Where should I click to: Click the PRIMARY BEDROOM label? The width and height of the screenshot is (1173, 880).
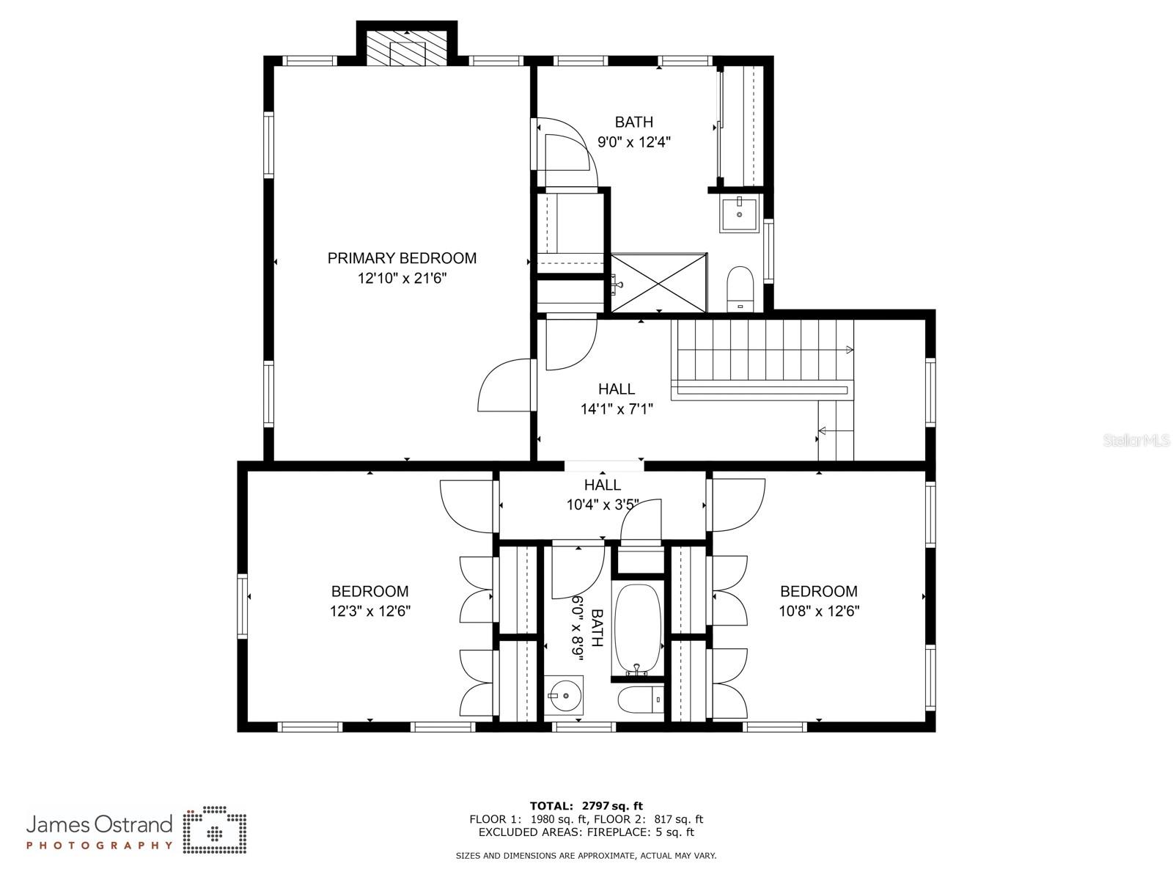point(401,259)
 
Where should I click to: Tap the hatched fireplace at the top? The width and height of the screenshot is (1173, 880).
point(407,48)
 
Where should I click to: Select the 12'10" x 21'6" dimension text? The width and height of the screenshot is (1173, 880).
point(402,279)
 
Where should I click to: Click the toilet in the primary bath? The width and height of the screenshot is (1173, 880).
point(740,288)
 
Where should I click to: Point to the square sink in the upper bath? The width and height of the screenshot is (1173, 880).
point(739,213)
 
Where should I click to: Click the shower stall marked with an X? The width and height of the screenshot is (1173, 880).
point(658,283)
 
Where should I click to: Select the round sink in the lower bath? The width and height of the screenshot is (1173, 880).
point(565,695)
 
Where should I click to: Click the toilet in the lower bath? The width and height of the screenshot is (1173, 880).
point(641,699)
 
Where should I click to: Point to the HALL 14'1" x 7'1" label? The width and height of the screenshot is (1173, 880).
point(617,399)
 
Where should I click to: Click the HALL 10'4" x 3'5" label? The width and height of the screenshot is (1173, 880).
point(603,494)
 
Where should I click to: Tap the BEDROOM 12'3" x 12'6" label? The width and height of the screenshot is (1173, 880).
point(369,601)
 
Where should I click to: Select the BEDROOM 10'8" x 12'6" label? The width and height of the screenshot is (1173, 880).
point(819,601)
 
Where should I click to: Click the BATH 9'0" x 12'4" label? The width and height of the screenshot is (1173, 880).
point(634,132)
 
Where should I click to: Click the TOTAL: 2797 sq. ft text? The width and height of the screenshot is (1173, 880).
point(586,806)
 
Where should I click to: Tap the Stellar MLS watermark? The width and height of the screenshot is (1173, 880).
point(1136,441)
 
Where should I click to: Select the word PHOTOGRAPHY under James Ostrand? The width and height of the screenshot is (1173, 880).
point(100,846)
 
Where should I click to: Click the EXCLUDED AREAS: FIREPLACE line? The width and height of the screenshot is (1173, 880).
point(586,832)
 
